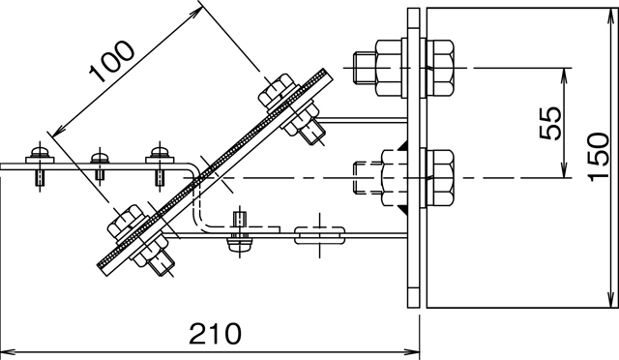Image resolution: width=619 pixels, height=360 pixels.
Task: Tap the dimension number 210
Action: coord(215,334)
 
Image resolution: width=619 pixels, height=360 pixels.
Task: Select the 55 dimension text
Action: coord(550,123)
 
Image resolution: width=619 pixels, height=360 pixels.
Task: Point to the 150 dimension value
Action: coord(599,157)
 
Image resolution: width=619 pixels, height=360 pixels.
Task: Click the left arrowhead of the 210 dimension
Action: coord(8,351)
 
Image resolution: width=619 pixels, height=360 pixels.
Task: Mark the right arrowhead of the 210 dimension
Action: coord(412,351)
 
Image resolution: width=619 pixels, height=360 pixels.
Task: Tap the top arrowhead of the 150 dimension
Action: coord(613,15)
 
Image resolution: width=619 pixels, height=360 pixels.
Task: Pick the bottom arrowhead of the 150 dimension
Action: coord(613,300)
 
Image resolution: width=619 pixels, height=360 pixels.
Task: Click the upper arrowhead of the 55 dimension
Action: coord(565,75)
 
